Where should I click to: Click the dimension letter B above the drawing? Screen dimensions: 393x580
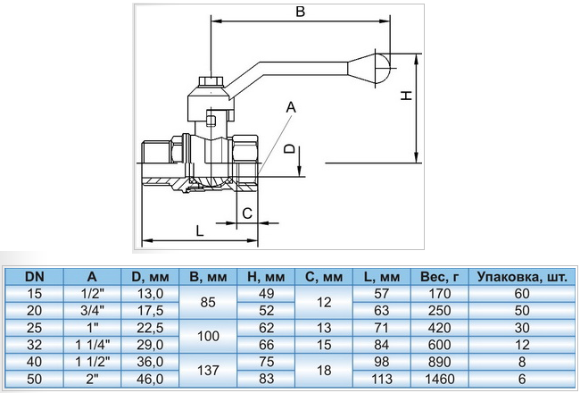pos(300,13)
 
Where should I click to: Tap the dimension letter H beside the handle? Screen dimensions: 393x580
pos(404,96)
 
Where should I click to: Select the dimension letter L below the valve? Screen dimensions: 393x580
pos(199,230)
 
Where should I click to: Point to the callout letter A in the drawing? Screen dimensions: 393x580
pos(289,107)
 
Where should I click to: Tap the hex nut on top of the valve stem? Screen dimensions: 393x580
pos(208,86)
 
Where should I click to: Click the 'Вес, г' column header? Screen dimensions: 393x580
pos(439,276)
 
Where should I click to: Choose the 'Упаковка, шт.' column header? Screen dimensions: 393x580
pos(522,276)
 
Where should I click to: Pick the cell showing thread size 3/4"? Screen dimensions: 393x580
pos(93,310)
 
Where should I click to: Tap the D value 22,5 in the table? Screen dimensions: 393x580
pos(149,328)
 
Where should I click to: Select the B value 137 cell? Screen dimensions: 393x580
pos(209,370)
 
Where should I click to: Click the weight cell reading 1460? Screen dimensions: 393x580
pos(439,379)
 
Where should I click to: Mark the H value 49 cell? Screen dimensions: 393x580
pos(265,294)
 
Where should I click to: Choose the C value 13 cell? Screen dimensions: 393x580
pos(323,328)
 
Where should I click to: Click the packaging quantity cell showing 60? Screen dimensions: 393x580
pos(522,294)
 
